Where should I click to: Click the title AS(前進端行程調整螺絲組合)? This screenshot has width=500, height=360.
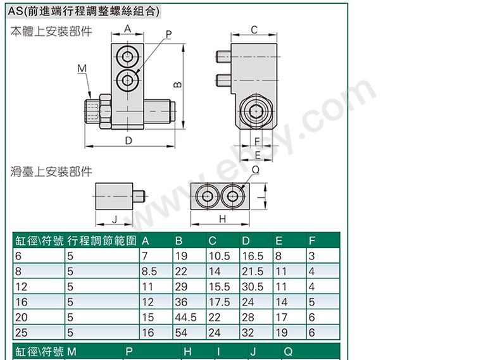[84, 11]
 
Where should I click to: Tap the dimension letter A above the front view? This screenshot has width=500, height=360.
[128, 28]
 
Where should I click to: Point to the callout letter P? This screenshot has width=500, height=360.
[169, 34]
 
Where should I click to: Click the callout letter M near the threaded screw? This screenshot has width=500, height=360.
[82, 68]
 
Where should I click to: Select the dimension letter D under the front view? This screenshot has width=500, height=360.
[128, 140]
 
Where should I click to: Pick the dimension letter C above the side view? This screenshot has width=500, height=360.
[254, 30]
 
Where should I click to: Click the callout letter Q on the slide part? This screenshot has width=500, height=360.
[256, 170]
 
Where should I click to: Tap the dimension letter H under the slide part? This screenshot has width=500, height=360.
[222, 219]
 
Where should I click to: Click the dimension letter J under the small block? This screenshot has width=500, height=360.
[115, 219]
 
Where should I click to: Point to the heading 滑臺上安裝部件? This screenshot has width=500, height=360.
[51, 172]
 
